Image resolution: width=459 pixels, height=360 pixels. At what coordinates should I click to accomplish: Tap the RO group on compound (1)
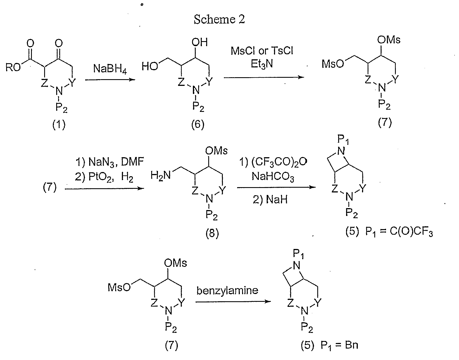[x=13, y=68]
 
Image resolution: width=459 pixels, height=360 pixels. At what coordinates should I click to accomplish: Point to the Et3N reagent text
[x=262, y=64]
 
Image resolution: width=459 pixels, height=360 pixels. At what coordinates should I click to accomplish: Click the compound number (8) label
[x=212, y=233]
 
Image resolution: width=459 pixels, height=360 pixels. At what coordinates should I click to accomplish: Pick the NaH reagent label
[x=270, y=200]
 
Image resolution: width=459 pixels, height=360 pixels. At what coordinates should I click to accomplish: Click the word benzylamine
[x=227, y=291]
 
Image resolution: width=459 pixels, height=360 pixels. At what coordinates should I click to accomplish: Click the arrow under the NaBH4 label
[x=110, y=80]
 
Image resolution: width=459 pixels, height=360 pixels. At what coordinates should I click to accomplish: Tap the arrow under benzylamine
[x=233, y=302]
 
